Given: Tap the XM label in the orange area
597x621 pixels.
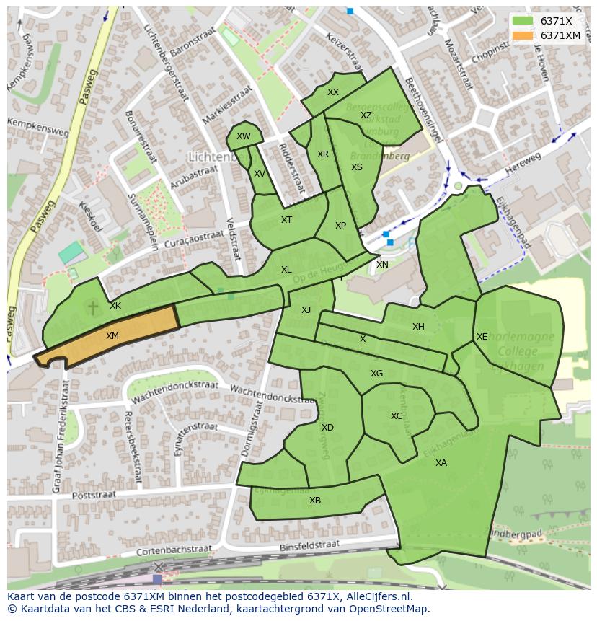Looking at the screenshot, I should tap(112, 336).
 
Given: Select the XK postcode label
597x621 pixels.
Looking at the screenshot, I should tap(115, 306).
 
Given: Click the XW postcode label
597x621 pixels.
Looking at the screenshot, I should tap(244, 136).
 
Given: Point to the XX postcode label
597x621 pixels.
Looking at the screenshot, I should tap(333, 92).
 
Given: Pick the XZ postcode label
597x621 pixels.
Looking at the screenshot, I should tap(366, 115).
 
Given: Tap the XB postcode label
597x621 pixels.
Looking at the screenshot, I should tap(315, 501).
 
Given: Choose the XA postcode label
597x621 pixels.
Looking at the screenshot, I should tap(441, 463).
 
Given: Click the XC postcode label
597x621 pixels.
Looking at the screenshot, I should tap(397, 416).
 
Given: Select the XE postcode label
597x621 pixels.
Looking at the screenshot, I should tap(482, 337).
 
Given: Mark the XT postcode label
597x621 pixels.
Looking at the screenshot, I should tap(287, 220).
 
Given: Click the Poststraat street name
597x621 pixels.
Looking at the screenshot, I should tap(94, 496).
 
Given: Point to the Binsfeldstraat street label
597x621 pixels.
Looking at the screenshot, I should tap(309, 545).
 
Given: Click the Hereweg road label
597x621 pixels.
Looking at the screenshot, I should tap(523, 163).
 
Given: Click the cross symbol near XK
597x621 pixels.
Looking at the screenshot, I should tap(93, 308).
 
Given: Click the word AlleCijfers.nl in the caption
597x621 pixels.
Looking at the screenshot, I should tap(378, 597).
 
